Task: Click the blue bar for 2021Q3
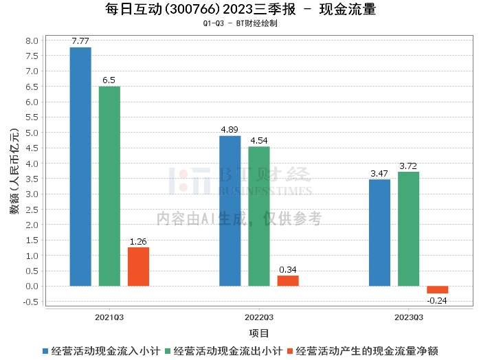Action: [x=80, y=167]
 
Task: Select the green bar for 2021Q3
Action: [x=109, y=186]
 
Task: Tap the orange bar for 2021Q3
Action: [x=138, y=267]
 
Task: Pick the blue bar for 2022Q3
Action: [x=230, y=211]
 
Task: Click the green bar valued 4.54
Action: [x=259, y=216]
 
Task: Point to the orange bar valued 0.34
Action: [x=288, y=281]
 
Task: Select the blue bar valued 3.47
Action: [x=379, y=233]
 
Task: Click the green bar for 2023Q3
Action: [x=409, y=229]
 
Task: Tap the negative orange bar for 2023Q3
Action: [x=438, y=290]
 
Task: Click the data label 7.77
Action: [x=80, y=41]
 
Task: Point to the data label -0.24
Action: [x=437, y=300]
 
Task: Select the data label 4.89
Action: [x=230, y=129]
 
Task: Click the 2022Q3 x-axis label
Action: [x=259, y=317]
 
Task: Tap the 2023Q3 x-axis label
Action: [x=409, y=317]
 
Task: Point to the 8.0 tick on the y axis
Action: [x=32, y=41]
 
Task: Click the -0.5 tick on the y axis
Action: [x=31, y=302]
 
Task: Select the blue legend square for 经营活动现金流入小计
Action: [x=45, y=351]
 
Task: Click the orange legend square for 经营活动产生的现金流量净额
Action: [x=290, y=351]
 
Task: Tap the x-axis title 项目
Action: [x=259, y=333]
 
